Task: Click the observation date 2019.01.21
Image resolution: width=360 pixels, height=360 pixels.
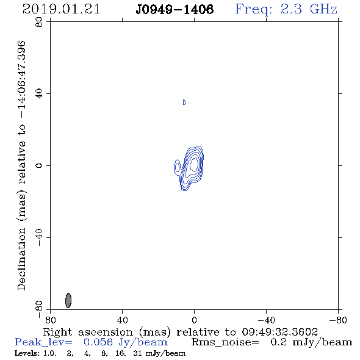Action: click(x=61, y=9)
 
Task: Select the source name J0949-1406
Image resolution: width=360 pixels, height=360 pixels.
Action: click(x=175, y=10)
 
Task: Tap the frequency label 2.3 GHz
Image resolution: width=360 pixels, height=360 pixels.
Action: click(x=309, y=9)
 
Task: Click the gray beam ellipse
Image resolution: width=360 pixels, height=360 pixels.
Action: click(x=68, y=300)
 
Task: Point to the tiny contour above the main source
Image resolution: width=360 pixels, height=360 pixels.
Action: click(x=184, y=102)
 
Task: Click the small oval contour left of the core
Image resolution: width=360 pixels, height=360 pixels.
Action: click(x=177, y=167)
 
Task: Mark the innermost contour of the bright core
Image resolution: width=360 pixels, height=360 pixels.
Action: click(x=194, y=164)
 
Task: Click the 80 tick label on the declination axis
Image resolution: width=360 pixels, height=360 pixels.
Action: click(x=39, y=22)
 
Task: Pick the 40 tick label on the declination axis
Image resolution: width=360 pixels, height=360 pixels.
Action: click(x=39, y=94)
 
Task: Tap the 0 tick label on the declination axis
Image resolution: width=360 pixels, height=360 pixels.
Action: click(x=39, y=165)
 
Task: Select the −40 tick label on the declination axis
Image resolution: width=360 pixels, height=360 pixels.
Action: click(x=39, y=237)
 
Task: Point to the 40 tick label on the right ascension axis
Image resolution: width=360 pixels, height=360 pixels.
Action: click(x=122, y=320)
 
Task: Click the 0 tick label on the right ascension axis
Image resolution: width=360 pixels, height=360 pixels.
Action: click(x=194, y=320)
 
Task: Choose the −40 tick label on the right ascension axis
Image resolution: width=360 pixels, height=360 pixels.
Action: click(x=266, y=320)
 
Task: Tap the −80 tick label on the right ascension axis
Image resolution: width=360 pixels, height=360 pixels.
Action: click(x=338, y=320)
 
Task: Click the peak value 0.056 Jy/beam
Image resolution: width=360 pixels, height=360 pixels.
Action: click(x=125, y=342)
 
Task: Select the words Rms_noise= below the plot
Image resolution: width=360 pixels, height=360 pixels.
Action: click(x=225, y=342)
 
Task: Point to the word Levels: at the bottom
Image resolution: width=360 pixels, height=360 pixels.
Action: click(x=27, y=353)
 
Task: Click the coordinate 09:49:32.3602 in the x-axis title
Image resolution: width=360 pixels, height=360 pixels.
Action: click(x=279, y=332)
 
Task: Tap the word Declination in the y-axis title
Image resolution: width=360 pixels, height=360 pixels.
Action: click(x=21, y=259)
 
